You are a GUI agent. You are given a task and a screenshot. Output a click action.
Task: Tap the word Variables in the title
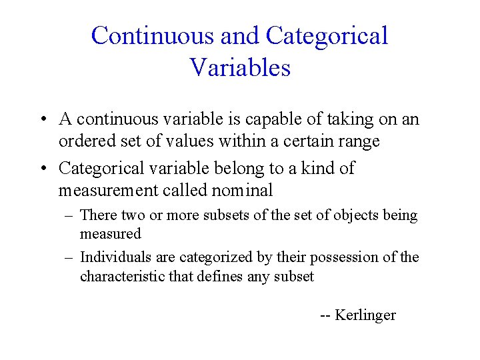240,67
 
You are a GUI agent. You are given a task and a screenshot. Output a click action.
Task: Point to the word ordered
83,141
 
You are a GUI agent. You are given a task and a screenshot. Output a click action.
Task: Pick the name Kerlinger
365,315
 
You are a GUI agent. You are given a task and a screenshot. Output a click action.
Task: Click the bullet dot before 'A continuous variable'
42,120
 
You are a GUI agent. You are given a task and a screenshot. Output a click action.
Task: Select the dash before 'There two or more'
69,216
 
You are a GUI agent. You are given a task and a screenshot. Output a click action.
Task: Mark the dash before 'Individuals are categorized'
69,258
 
